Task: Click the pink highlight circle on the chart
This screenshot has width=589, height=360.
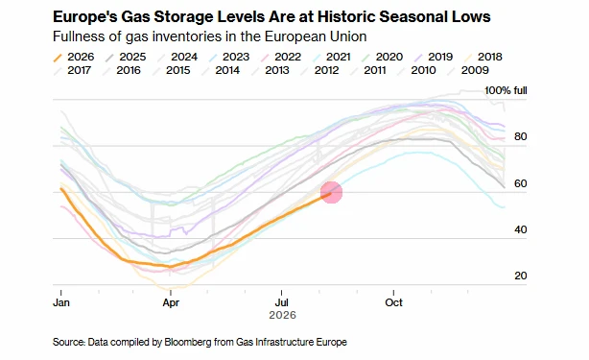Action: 331,192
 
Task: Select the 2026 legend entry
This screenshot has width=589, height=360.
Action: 74,57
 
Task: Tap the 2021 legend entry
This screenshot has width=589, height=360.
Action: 331,57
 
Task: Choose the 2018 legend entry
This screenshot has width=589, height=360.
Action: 483,57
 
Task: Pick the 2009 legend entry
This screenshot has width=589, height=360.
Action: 468,70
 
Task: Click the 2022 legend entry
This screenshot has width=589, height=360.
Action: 281,57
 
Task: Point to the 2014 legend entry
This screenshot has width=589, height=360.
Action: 221,70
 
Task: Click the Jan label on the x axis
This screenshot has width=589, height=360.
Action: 61,302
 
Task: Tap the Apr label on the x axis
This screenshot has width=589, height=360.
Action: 171,302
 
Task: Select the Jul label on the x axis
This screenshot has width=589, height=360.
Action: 282,302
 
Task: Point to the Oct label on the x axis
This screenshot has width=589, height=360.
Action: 393,302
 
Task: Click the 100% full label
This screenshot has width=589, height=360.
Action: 506,90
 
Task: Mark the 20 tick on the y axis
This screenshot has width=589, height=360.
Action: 521,276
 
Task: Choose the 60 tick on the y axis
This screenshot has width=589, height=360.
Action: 521,183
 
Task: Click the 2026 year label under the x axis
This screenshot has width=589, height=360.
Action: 282,315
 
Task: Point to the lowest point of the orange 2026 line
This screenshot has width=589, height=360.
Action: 170,267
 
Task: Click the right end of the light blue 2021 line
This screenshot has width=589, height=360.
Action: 505,207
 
